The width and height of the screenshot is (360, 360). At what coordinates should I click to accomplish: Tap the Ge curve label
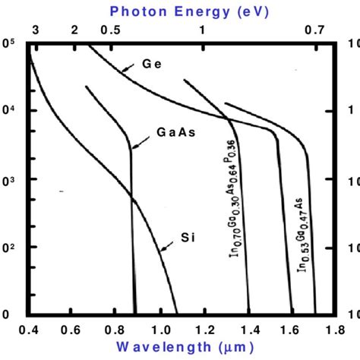[152, 64]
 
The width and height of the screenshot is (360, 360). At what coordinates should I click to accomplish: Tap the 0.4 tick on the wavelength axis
[30, 331]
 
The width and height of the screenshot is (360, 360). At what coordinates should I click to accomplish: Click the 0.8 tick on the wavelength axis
[116, 331]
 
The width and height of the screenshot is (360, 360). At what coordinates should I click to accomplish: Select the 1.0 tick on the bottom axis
[160, 331]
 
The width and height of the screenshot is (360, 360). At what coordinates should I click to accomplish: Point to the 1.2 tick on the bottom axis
[204, 331]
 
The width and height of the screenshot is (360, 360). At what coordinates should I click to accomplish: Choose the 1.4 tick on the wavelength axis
[247, 331]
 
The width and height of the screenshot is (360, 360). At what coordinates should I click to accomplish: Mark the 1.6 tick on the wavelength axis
[289, 331]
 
